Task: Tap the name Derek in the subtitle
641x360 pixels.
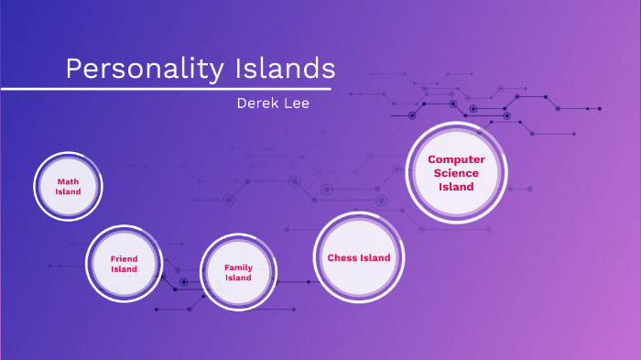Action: pyautogui.click(x=257, y=104)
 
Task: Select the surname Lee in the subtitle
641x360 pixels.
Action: pyautogui.click(x=297, y=104)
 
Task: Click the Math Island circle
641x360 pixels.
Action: pyautogui.click(x=68, y=187)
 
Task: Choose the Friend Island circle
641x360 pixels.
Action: pyautogui.click(x=124, y=264)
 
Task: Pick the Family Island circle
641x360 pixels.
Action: pyautogui.click(x=238, y=272)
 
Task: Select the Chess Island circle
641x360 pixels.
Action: pyautogui.click(x=359, y=257)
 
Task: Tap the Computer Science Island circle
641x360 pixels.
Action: pyautogui.click(x=455, y=172)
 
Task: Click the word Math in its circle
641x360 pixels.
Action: pyautogui.click(x=68, y=181)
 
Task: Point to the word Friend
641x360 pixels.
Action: pyautogui.click(x=124, y=259)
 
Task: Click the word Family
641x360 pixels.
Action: pyautogui.click(x=238, y=267)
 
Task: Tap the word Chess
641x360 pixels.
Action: pyautogui.click(x=342, y=257)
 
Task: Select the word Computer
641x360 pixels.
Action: pyautogui.click(x=456, y=159)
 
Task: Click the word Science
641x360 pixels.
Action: pyautogui.click(x=456, y=173)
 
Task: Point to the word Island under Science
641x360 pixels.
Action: pyautogui.click(x=456, y=187)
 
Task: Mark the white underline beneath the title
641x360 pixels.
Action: pyautogui.click(x=165, y=89)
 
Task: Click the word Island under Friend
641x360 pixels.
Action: pyautogui.click(x=124, y=269)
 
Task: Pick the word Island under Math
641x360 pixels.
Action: pyautogui.click(x=68, y=192)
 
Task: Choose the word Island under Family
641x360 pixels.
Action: pyautogui.click(x=238, y=278)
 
